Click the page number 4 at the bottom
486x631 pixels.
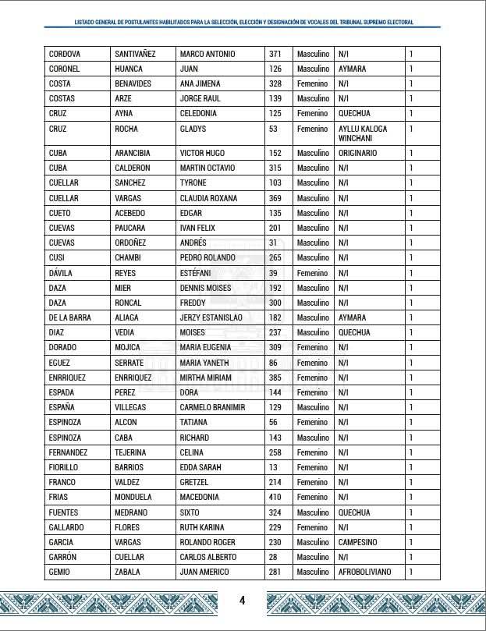[x=243, y=600]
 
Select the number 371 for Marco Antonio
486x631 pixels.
[x=275, y=54]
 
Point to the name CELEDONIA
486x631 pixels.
[x=200, y=114]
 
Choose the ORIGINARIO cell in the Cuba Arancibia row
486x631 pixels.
[x=358, y=153]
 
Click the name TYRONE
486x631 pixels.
[x=193, y=183]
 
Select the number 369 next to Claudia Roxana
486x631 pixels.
[x=275, y=198]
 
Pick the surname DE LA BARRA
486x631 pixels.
[x=69, y=317]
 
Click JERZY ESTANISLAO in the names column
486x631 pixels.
[x=211, y=317]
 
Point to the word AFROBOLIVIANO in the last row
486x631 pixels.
[x=365, y=572]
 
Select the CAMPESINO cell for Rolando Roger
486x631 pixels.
[x=358, y=542]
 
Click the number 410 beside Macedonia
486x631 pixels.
[x=275, y=497]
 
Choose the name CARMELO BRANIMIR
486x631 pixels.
[x=212, y=407]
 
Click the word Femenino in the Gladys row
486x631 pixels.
[x=313, y=129]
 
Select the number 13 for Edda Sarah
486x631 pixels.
[x=272, y=467]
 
